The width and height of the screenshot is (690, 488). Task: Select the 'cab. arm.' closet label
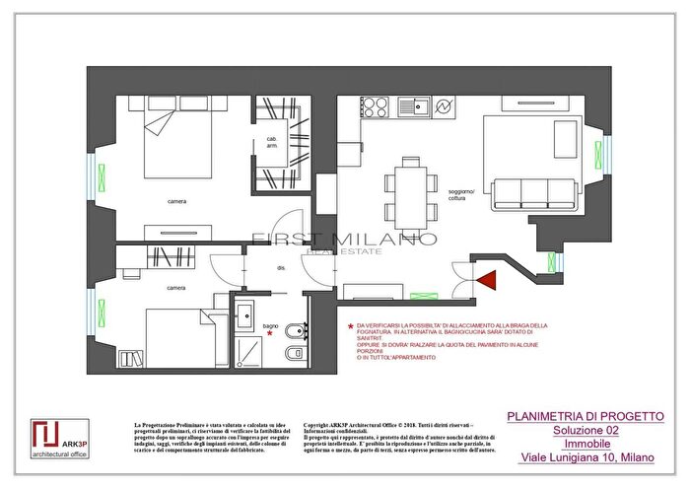pyautogui.click(x=270, y=143)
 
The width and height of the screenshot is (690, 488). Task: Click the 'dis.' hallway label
pyautogui.click(x=280, y=268)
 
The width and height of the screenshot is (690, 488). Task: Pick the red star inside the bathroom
pyautogui.click(x=268, y=332)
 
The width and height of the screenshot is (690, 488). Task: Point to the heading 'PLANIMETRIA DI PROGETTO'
pyautogui.click(x=586, y=417)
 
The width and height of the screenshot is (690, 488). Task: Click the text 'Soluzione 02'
pyautogui.click(x=586, y=431)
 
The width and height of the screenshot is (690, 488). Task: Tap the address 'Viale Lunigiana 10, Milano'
pyautogui.click(x=586, y=458)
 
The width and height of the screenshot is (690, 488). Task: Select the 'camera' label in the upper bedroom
pyautogui.click(x=177, y=201)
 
